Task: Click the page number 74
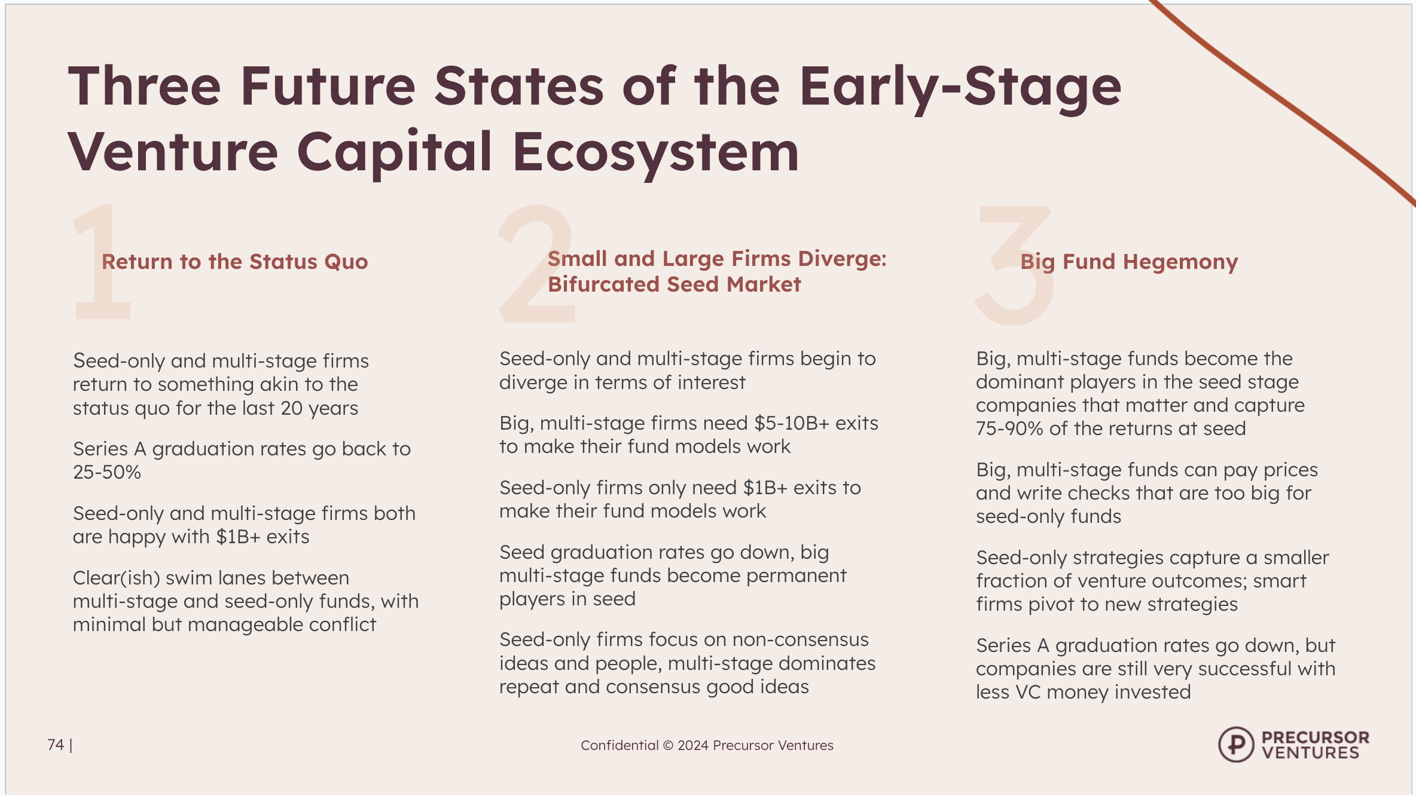click(56, 745)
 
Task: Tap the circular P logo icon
click(1235, 745)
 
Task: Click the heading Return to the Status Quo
click(234, 262)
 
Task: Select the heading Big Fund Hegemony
click(1129, 262)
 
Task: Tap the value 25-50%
click(107, 472)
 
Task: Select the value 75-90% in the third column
click(1009, 428)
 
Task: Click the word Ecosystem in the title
click(655, 152)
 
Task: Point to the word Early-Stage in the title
click(960, 86)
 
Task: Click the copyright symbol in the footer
click(668, 745)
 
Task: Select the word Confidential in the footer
click(619, 745)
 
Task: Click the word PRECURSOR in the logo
click(1315, 737)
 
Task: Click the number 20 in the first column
click(292, 408)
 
